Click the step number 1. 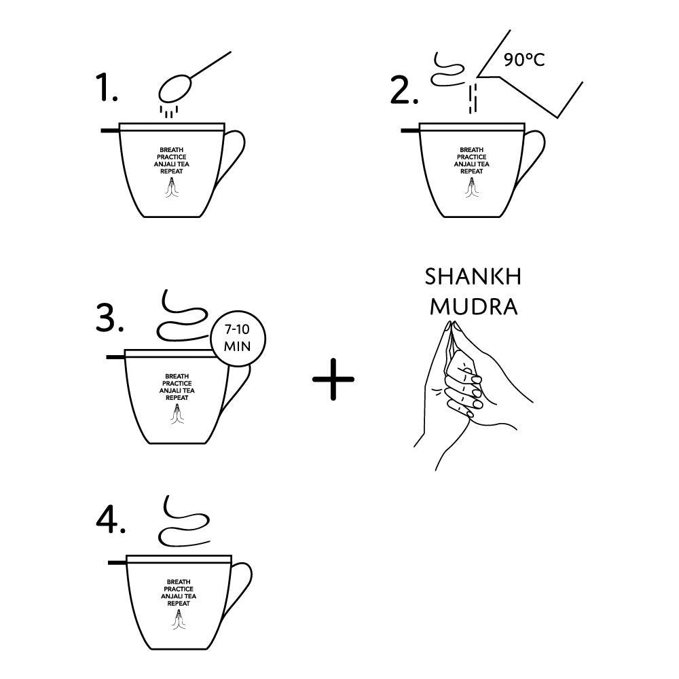tap(106, 88)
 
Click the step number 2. tap(404, 90)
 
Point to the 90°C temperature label tap(524, 59)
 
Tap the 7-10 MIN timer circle tap(237, 338)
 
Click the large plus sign tap(333, 379)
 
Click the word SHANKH tap(473, 277)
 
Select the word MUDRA tap(474, 307)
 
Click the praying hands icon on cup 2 tap(471, 187)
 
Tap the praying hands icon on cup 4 tap(178, 619)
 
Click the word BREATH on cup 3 tap(177, 376)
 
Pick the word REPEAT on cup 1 tap(172, 171)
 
